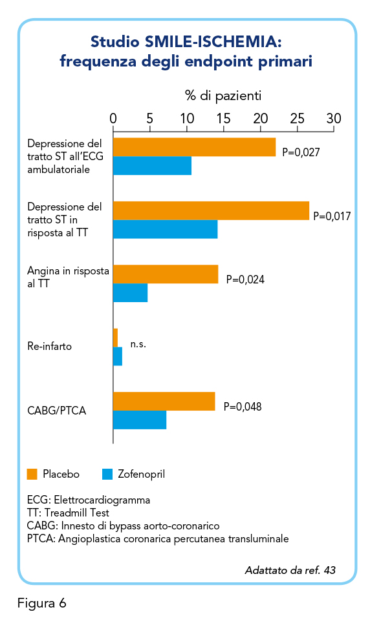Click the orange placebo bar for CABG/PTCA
pos(164,402)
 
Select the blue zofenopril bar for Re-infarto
pos(118,356)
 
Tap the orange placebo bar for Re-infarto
pos(116,338)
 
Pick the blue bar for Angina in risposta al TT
pos(130,293)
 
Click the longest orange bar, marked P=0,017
pos(211,210)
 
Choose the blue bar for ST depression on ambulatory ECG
pos(152,166)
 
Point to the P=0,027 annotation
pos(301,152)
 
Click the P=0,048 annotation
pos(243,407)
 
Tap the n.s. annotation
pos(138,344)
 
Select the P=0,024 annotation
pos(245,280)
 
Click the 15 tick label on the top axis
pos(223,118)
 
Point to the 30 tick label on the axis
pos(334,118)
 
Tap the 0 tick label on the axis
pos(113,118)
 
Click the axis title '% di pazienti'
pos(223,96)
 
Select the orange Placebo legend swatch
pos(32,474)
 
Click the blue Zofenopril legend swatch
pos(107,474)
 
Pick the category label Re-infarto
pos(49,346)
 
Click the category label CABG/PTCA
pos(56,411)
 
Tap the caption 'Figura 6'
pos(42,603)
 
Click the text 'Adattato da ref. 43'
pos(290,570)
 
